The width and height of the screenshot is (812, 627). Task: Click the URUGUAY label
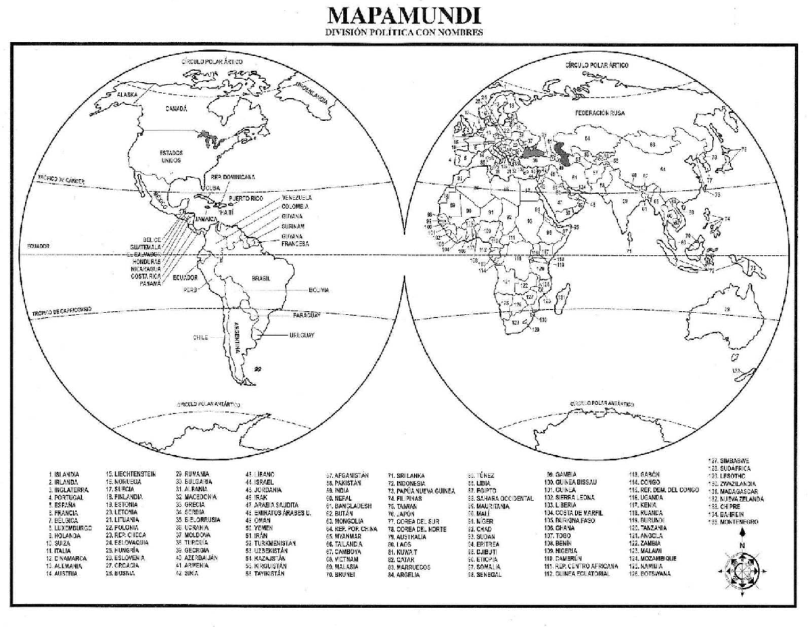pyautogui.click(x=301, y=335)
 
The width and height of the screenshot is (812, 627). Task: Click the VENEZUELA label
pyautogui.click(x=296, y=198)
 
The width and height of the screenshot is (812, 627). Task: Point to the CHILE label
pyautogui.click(x=200, y=336)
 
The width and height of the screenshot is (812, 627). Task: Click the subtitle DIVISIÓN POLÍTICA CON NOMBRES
pyautogui.click(x=406, y=32)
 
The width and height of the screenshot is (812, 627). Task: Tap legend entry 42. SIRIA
pyautogui.click(x=187, y=574)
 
